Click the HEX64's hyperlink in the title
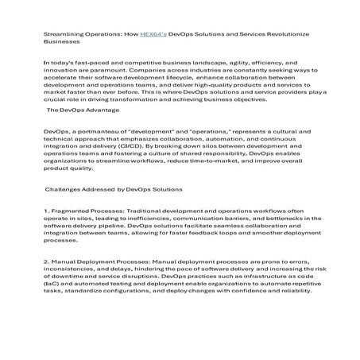(153, 35)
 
